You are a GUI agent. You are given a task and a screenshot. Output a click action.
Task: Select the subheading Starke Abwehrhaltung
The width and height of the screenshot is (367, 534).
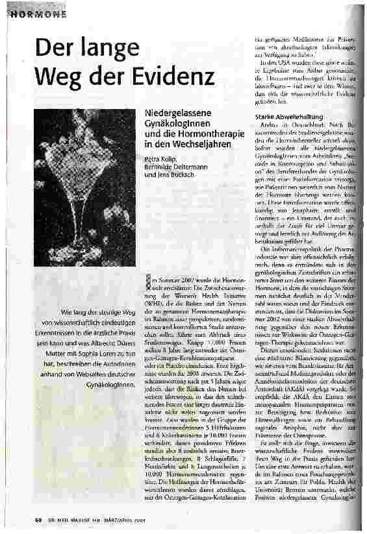[x=281, y=117]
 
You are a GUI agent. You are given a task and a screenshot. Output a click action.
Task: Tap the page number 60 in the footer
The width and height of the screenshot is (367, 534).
[x=40, y=520]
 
